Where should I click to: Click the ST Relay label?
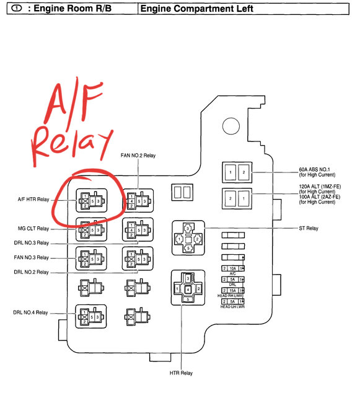(307, 229)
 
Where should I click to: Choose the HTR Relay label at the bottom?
(181, 373)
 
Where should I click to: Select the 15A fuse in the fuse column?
(232, 290)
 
